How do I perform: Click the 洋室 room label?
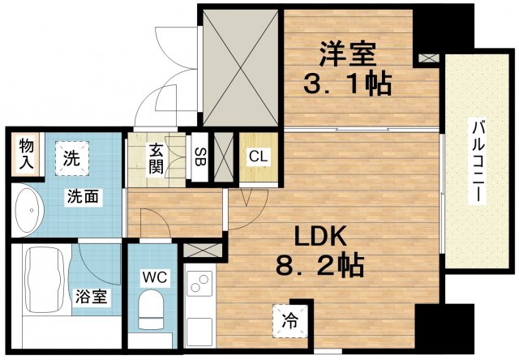[346, 54]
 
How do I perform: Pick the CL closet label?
[259, 156]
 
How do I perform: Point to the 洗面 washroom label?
[84, 196]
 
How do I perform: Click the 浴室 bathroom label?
[90, 297]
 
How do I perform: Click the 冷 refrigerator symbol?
[289, 319]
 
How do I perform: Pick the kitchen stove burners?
[199, 285]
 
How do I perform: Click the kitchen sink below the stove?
[199, 330]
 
